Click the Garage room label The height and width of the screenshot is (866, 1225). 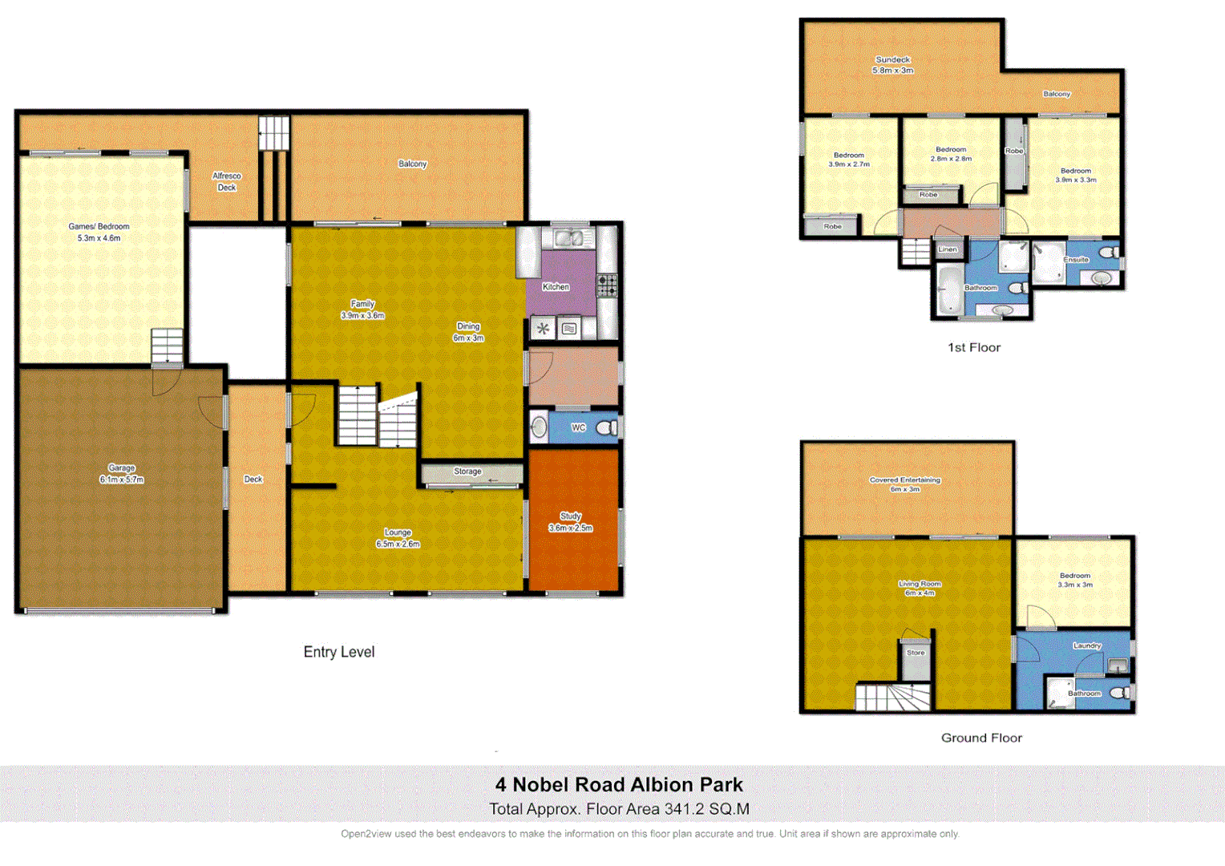pyautogui.click(x=122, y=468)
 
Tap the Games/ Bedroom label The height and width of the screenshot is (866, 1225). pyautogui.click(x=99, y=227)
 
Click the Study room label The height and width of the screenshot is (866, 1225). pyautogui.click(x=570, y=516)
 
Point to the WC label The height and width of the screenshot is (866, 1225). pyautogui.click(x=578, y=428)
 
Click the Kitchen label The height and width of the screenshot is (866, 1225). pyautogui.click(x=556, y=287)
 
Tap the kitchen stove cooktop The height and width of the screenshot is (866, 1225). pyautogui.click(x=607, y=285)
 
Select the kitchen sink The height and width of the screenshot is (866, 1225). pyautogui.click(x=570, y=238)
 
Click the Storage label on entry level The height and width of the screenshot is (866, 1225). pyautogui.click(x=467, y=471)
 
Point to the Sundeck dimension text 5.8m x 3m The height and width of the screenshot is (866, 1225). pyautogui.click(x=892, y=71)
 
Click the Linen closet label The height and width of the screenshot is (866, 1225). pyautogui.click(x=948, y=249)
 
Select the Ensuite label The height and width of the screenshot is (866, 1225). pyautogui.click(x=1076, y=260)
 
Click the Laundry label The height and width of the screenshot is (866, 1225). pyautogui.click(x=1087, y=645)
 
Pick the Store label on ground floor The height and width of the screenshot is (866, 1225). pyautogui.click(x=916, y=653)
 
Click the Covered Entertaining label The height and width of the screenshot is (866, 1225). pyautogui.click(x=904, y=480)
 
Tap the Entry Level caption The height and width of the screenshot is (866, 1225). pyautogui.click(x=338, y=652)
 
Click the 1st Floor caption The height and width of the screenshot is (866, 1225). pyautogui.click(x=973, y=347)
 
